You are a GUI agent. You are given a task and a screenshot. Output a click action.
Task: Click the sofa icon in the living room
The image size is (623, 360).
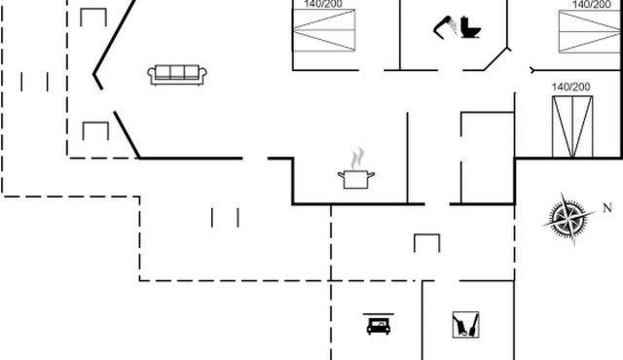coord(175,75)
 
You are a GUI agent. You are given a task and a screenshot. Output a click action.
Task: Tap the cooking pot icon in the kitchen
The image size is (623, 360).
coord(355,178)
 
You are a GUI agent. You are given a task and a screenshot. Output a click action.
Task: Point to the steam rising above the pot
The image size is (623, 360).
coord(357,157)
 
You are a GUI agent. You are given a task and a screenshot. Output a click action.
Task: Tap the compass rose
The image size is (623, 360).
coord(568,217)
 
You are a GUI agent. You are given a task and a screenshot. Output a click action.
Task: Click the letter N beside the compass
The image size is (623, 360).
coord(606,207)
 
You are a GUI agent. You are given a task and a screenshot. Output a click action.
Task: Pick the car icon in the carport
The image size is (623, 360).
coord(378,324)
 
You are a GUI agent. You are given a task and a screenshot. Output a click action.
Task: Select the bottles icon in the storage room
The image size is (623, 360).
coord(465,324)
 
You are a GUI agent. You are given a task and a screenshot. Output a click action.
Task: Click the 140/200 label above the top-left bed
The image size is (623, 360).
coord(324,5)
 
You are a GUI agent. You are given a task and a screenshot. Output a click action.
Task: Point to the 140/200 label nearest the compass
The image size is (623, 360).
coord(570,88)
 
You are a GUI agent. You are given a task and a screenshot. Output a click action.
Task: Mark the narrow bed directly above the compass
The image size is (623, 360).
coord(570,127)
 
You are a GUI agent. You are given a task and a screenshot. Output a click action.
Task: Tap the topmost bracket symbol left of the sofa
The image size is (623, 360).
coord(93,17)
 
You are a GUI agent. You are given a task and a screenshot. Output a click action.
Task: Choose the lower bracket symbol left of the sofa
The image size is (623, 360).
coord(94,130)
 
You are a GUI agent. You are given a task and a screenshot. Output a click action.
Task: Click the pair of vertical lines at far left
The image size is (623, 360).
coord(34,81)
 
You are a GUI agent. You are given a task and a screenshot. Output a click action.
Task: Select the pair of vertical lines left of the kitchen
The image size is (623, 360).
coord(225,217)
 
